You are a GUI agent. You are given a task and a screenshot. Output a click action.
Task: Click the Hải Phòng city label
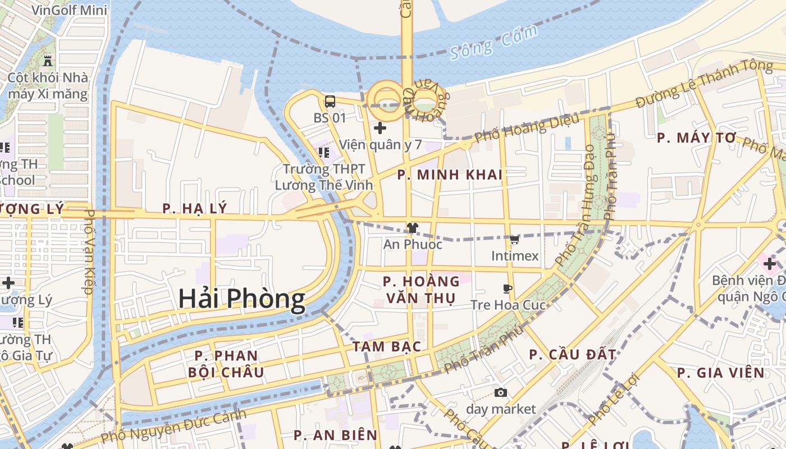241,299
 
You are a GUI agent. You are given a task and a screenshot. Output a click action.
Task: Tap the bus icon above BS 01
330,102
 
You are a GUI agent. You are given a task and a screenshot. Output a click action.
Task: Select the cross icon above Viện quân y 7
380,128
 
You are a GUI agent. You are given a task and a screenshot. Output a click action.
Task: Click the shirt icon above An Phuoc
413,228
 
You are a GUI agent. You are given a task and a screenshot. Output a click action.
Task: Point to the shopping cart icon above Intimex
514,239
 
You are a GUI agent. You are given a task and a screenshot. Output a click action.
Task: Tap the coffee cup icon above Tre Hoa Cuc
508,288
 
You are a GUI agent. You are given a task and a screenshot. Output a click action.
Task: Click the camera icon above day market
501,392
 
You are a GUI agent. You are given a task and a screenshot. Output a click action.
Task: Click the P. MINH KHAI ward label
450,175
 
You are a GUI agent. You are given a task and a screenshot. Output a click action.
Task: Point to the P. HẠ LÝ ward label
195,209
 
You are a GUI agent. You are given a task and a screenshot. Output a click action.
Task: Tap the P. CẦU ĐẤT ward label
573,355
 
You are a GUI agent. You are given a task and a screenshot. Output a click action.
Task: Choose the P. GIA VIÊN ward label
720,373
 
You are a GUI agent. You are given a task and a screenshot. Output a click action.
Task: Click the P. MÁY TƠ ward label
696,138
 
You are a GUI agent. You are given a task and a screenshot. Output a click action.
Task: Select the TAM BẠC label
387,346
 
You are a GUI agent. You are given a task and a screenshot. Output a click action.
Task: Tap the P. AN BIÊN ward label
336,435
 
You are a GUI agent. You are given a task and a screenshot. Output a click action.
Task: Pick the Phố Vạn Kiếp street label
88,251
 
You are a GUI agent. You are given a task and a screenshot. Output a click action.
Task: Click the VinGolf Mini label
70,10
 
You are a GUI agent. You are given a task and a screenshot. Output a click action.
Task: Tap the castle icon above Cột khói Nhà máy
48,60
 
